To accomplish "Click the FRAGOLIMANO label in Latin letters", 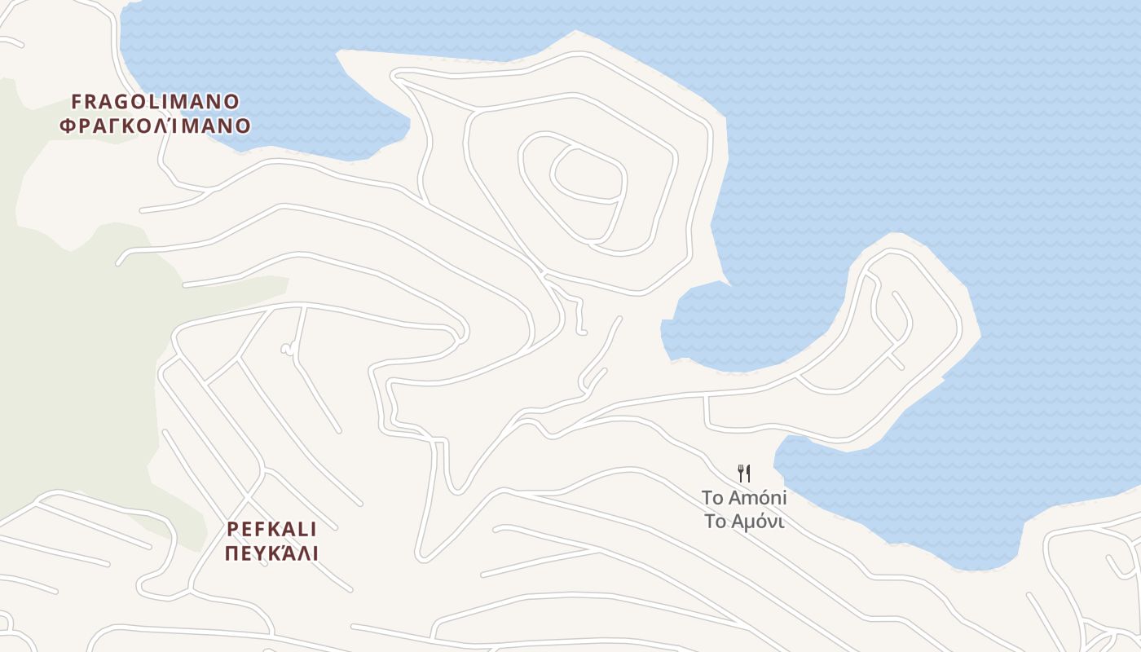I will click(x=155, y=102).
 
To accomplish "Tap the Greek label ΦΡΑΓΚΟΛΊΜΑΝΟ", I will click(x=155, y=126).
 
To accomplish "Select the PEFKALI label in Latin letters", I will click(x=271, y=529).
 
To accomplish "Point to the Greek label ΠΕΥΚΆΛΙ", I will click(x=271, y=554).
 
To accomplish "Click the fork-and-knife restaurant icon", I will click(x=743, y=473).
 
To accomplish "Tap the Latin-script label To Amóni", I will click(x=743, y=497).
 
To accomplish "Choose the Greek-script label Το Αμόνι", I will click(x=743, y=522).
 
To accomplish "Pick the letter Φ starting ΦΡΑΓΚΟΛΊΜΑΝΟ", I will click(x=68, y=126).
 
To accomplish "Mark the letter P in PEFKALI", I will click(x=232, y=529).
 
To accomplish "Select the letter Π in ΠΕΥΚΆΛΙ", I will click(x=231, y=554).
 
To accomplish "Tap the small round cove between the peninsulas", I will click(x=717, y=326).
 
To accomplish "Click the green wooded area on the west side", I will click(x=73, y=367).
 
